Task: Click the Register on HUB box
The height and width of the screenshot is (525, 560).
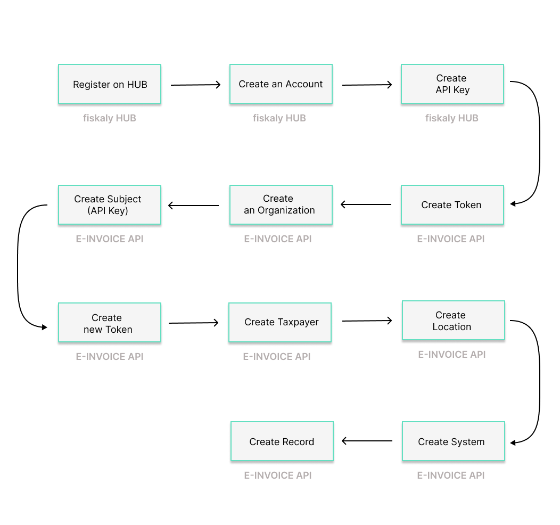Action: (x=110, y=84)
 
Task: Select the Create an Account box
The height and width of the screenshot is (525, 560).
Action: (x=281, y=84)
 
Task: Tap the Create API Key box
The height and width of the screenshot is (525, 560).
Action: (x=452, y=84)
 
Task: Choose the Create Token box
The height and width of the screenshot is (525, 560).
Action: (x=452, y=205)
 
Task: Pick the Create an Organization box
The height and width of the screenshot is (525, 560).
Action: (x=281, y=205)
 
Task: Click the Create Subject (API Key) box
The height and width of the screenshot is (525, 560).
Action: (x=110, y=205)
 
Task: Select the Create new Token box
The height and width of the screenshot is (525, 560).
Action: (x=110, y=323)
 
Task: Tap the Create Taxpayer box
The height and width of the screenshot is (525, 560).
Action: (x=280, y=323)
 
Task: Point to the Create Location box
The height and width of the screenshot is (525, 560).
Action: (x=453, y=321)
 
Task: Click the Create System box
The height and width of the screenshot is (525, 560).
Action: (x=453, y=441)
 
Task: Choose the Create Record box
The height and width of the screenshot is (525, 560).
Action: (x=282, y=441)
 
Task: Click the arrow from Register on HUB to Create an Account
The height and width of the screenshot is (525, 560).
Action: (x=195, y=85)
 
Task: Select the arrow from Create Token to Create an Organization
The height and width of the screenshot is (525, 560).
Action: (x=366, y=204)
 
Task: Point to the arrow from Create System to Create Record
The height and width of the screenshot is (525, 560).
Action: (x=367, y=441)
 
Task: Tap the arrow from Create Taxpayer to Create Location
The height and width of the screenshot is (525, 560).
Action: (x=367, y=321)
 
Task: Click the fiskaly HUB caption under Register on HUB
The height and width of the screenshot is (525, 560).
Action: (x=110, y=118)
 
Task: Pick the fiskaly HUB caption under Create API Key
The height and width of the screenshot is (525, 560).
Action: (x=452, y=118)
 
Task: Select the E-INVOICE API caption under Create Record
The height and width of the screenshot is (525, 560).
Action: (x=278, y=475)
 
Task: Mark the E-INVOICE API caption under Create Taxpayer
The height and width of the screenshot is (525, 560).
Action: (x=277, y=357)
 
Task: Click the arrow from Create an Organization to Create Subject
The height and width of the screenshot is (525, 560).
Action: (x=194, y=206)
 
